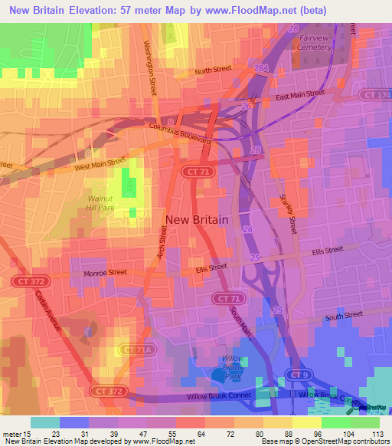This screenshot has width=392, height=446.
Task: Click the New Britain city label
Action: (x=197, y=219)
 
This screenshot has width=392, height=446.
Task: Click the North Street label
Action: (x=212, y=71)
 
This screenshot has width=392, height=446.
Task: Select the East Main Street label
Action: (x=295, y=97)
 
